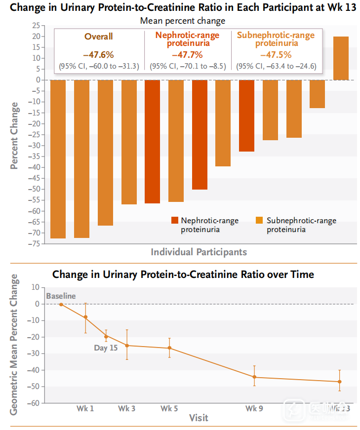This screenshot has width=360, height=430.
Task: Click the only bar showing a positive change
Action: click(x=341, y=58)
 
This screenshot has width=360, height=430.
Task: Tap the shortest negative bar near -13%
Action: click(x=317, y=94)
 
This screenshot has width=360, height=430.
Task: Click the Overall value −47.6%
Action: click(x=98, y=55)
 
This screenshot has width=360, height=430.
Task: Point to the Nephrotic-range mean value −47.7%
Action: click(x=187, y=55)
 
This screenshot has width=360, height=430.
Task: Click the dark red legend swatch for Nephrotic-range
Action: click(x=174, y=221)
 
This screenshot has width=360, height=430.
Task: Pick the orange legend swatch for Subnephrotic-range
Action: click(x=260, y=221)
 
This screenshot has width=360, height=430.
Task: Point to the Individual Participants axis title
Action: click(x=199, y=252)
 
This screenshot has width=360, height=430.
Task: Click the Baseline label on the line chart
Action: click(x=61, y=296)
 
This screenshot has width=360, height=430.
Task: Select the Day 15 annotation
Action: click(x=106, y=348)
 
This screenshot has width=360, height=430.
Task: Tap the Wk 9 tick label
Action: click(x=254, y=409)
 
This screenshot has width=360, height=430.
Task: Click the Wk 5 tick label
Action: click(x=169, y=409)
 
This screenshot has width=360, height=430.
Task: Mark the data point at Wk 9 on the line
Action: click(x=254, y=377)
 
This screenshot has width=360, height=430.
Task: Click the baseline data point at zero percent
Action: click(x=61, y=304)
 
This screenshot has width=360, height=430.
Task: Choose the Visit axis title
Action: click(x=199, y=418)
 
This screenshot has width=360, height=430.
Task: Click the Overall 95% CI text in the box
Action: click(x=99, y=66)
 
